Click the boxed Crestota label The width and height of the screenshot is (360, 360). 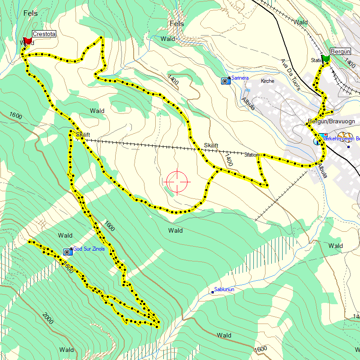[44, 34]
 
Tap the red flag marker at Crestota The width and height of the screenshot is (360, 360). [27, 41]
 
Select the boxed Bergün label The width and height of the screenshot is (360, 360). [340, 51]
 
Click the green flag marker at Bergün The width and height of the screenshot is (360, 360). [326, 58]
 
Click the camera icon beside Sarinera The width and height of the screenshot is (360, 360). [225, 81]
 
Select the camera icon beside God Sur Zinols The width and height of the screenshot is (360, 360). [67, 251]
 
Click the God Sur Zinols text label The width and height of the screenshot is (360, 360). [89, 249]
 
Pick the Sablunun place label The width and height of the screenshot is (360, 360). [224, 289]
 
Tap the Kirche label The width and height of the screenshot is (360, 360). [267, 81]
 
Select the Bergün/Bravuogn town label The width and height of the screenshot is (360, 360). [332, 121]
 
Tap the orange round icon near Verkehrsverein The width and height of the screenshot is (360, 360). [345, 135]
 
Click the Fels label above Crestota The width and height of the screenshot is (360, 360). [31, 13]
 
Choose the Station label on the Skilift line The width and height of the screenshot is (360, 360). [252, 155]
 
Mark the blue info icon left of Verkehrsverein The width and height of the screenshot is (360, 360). [317, 142]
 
